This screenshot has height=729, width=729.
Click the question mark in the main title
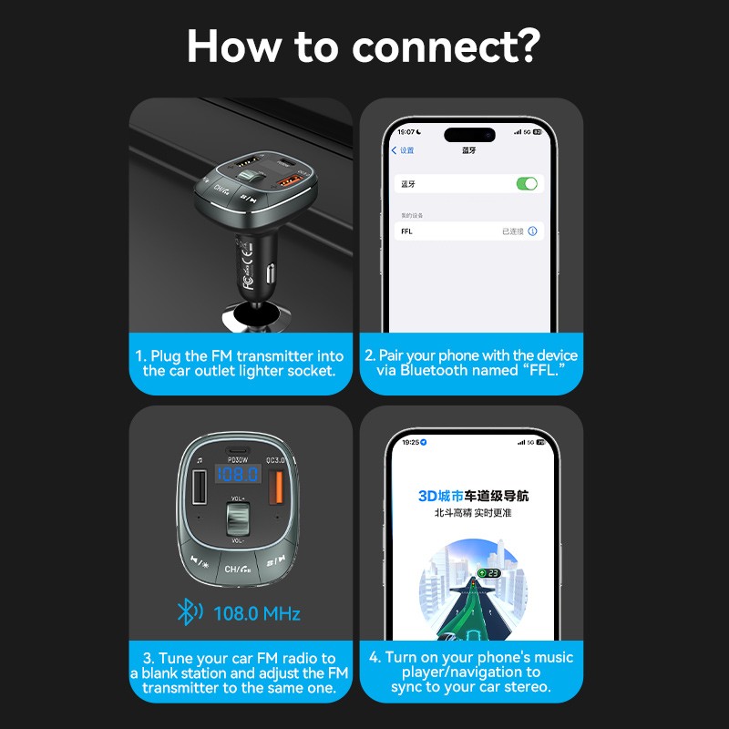click(526, 46)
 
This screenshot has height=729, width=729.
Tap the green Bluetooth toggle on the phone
click(527, 184)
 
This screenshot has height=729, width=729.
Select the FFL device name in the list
click(406, 231)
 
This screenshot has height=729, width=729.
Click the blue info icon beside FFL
click(533, 231)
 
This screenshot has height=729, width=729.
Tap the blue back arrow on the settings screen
click(395, 150)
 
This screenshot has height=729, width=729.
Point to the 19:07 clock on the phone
click(406, 132)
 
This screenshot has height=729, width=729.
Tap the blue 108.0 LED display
click(238, 475)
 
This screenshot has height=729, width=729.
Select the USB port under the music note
click(200, 489)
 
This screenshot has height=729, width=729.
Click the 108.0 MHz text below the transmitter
click(256, 613)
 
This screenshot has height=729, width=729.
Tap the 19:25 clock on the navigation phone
click(411, 442)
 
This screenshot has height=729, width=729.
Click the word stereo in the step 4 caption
click(523, 687)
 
